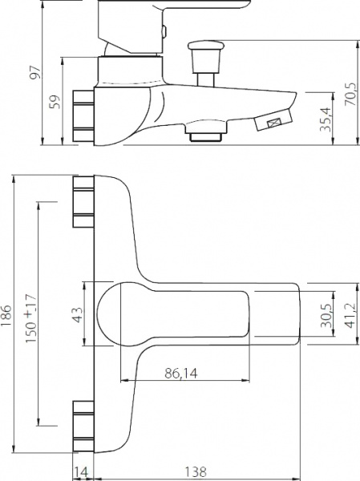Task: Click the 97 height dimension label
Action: coord(35,72)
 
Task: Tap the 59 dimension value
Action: coord(55,102)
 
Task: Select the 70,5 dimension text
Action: coord(351,94)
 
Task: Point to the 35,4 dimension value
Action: coord(326,119)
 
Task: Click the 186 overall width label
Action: coord(6,316)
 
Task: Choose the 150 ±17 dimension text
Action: coord(31,318)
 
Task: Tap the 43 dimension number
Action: coord(78,315)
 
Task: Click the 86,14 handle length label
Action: coord(181,374)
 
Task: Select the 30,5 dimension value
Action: coord(326,316)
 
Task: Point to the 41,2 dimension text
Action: coord(351,315)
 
